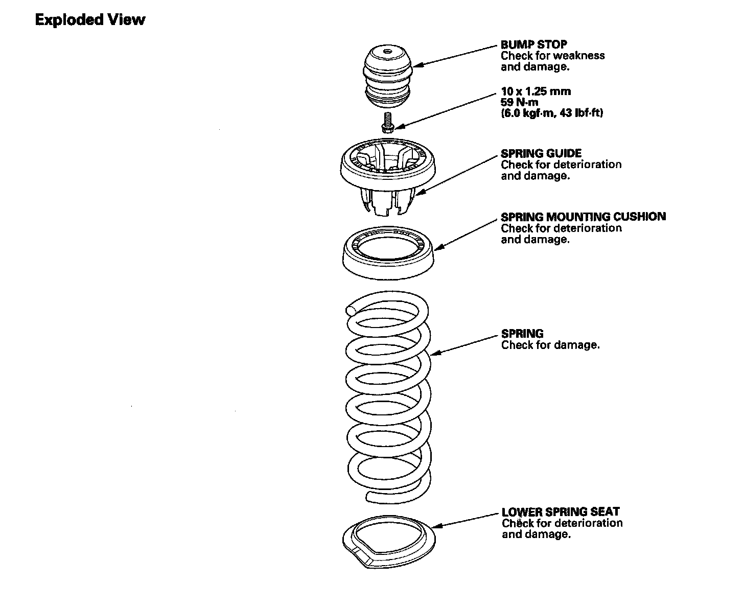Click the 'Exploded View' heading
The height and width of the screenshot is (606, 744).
90,20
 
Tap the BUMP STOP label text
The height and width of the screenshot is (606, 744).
533,44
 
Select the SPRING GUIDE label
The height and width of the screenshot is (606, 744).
541,153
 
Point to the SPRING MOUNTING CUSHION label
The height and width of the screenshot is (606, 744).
584,217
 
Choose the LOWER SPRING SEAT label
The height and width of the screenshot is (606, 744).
560,511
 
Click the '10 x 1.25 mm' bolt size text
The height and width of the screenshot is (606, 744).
536,91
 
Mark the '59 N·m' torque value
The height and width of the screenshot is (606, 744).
519,102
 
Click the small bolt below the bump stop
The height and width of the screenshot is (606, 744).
387,123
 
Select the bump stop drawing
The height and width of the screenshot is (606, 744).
387,77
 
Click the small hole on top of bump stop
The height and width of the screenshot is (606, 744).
387,51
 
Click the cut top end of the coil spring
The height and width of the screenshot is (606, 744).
350,310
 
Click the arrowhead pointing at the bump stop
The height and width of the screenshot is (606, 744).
418,64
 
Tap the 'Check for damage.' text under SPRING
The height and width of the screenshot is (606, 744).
550,345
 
